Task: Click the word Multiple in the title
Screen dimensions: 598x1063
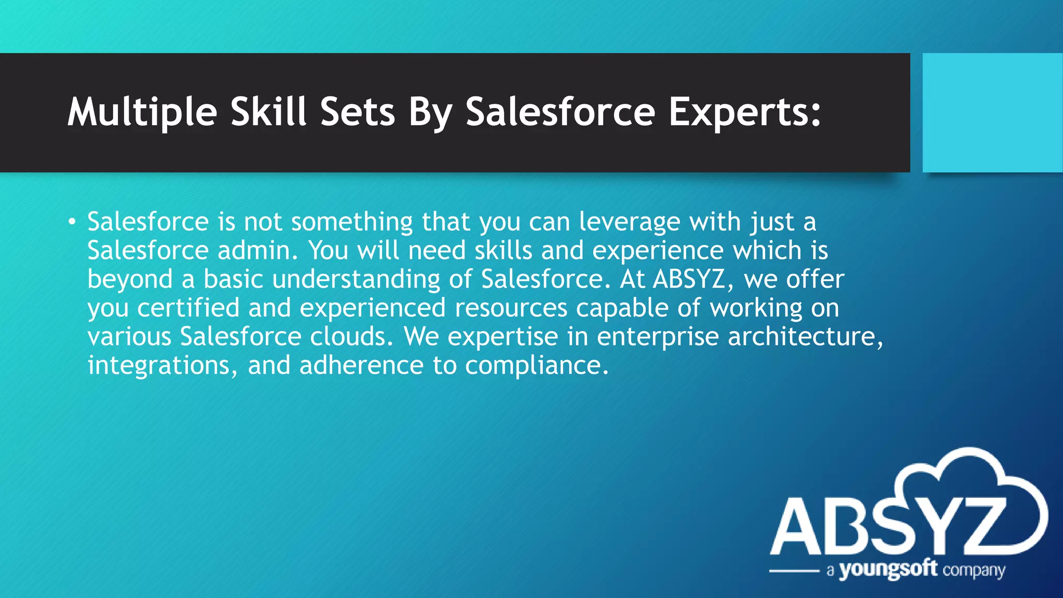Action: [142, 112]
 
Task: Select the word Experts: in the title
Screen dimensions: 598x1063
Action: [745, 112]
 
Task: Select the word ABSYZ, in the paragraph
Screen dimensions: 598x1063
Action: [693, 279]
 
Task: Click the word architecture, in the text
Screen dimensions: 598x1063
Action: [805, 336]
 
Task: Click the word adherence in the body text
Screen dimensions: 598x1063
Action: [361, 365]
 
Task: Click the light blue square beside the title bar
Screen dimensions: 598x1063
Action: [992, 112]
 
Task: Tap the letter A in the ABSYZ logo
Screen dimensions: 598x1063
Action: [797, 527]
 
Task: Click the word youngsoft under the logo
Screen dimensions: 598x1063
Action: [888, 570]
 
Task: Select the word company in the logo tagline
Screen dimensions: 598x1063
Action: [974, 571]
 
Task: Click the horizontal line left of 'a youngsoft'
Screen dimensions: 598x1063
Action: [794, 571]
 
